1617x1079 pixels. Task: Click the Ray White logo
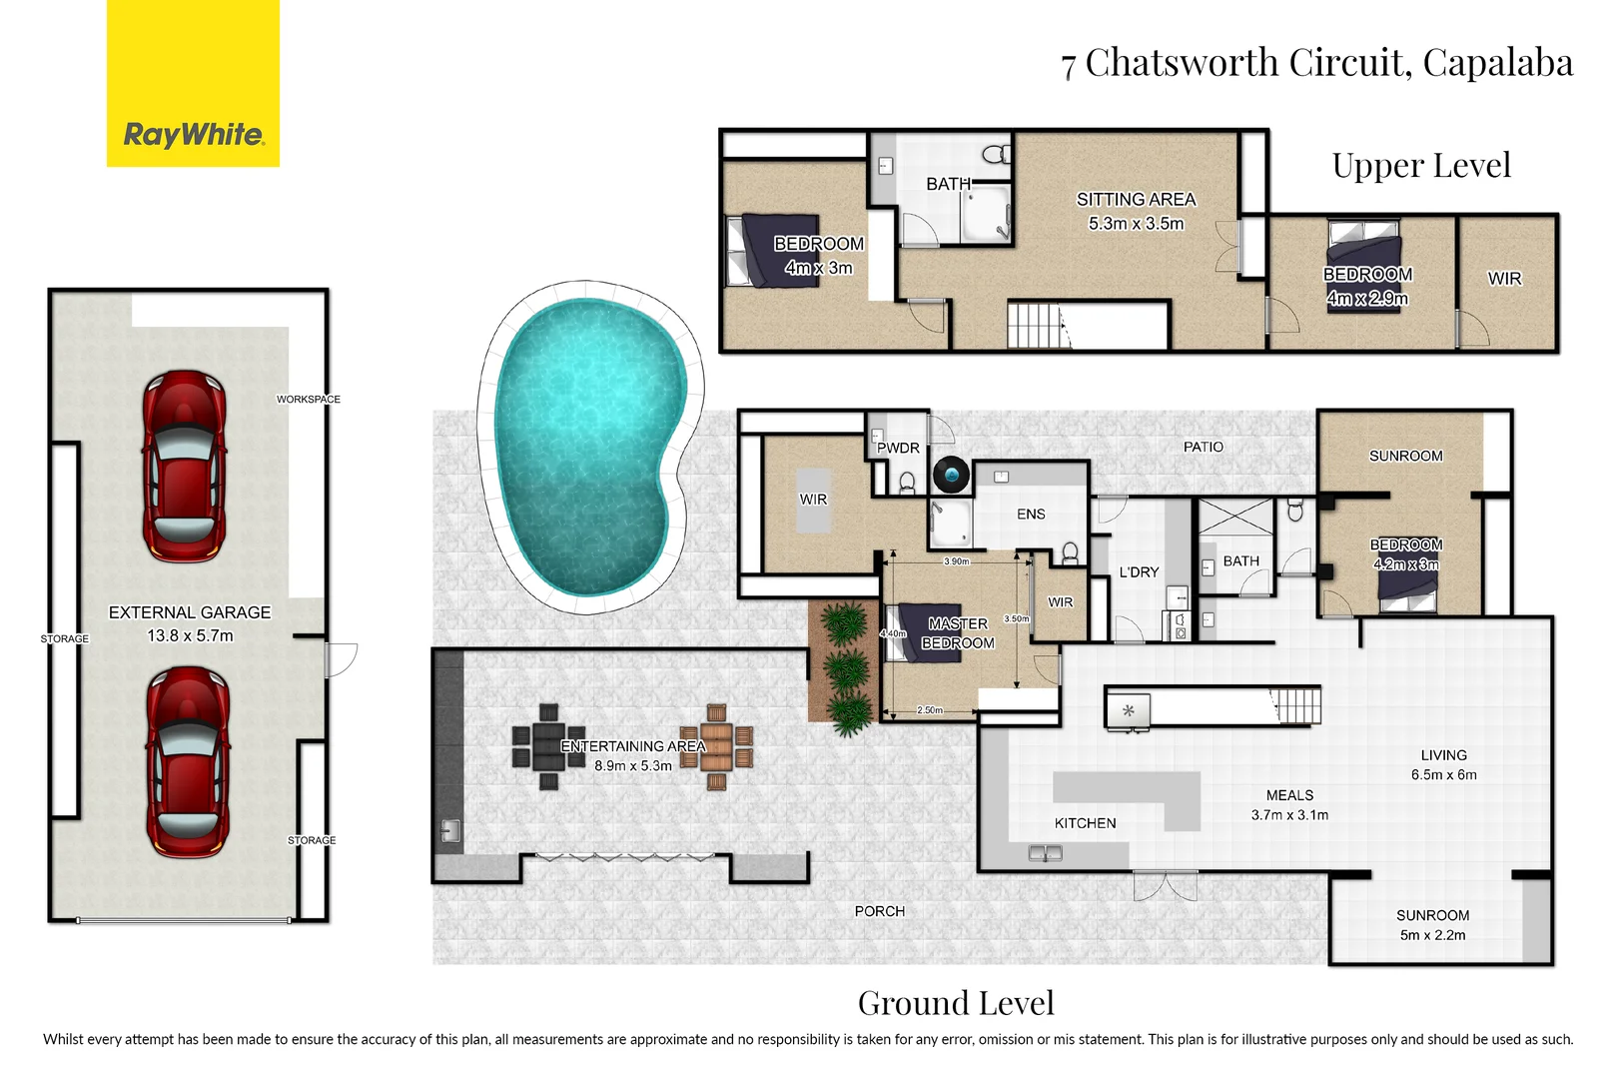pos(193,134)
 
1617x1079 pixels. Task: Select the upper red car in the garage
pos(185,466)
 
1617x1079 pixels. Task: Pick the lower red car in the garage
pos(187,762)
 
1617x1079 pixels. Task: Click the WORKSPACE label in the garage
pos(309,400)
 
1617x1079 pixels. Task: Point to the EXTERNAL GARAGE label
pos(190,612)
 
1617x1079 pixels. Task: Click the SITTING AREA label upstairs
pos(1136,200)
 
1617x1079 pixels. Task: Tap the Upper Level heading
pos(1420,166)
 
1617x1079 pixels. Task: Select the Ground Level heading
pos(956,1003)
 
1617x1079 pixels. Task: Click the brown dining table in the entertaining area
pos(716,746)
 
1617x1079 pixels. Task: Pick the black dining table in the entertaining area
pos(547,746)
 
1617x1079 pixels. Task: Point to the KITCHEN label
pos(1085,823)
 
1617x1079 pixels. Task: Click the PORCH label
pos(879,911)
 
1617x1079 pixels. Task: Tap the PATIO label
pos(1203,447)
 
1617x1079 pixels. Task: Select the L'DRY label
pos(1139,572)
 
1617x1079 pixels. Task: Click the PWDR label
pos(898,449)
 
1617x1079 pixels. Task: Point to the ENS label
pos(1031,515)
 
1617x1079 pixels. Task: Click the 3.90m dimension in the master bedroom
pos(956,561)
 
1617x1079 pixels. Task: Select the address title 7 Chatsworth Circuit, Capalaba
pos(1316,63)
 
